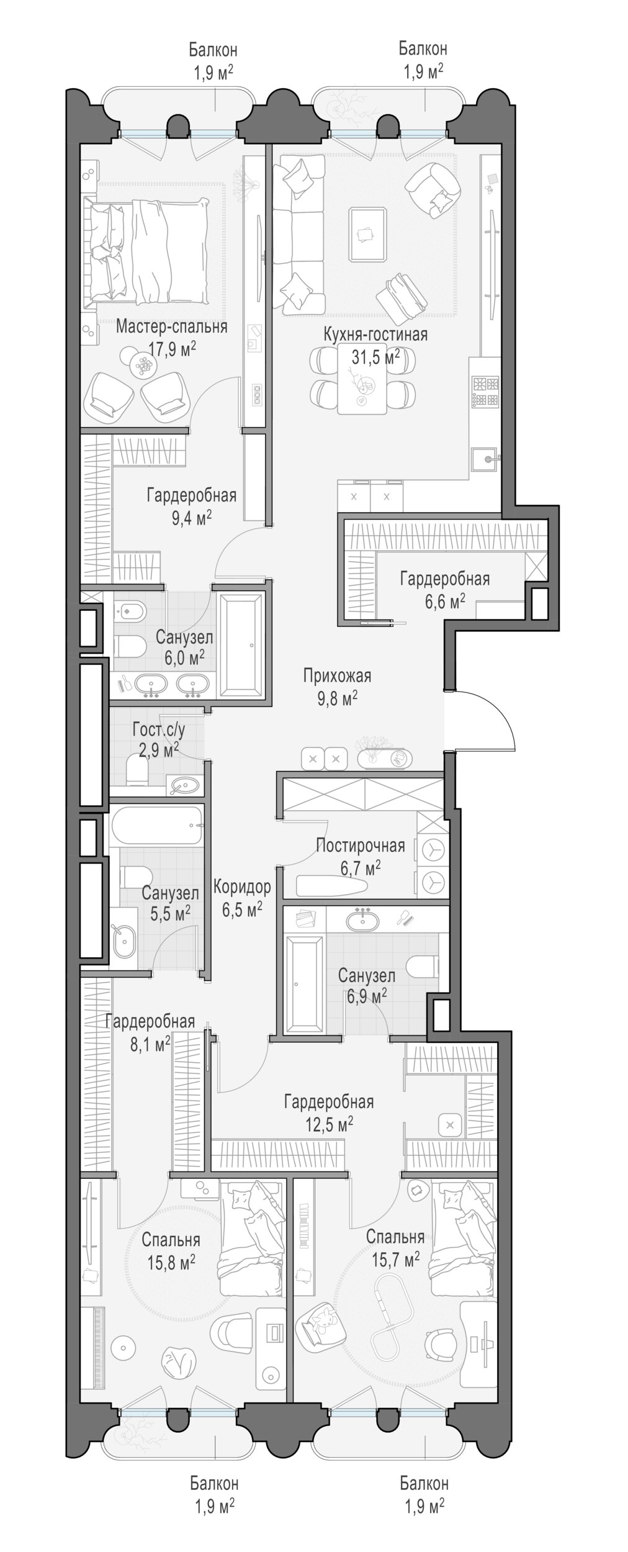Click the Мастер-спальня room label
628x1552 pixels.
[x=171, y=327]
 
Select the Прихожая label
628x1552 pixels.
[x=338, y=675]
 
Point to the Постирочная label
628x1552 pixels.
[x=361, y=846]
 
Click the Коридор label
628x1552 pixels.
[x=242, y=887]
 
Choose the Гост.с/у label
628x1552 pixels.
[x=159, y=729]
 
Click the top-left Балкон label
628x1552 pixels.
[x=213, y=48]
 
